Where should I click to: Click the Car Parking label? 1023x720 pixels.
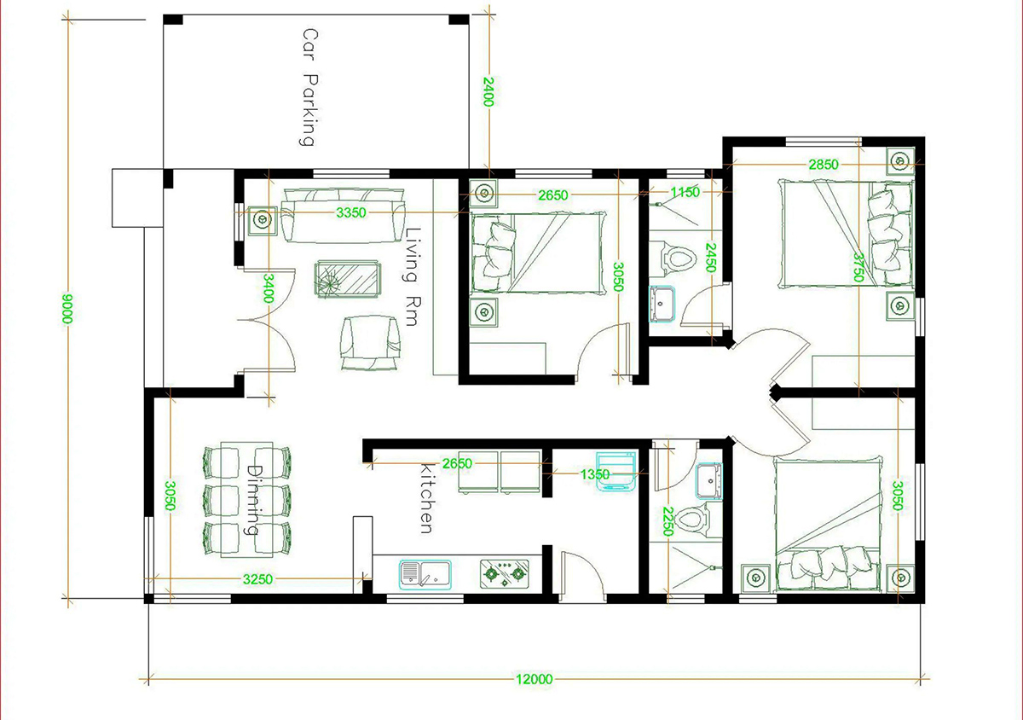310,87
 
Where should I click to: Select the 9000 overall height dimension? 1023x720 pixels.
67,309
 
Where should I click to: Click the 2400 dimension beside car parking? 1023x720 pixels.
488,92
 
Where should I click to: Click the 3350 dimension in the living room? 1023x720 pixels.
351,212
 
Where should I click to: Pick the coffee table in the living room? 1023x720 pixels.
348,279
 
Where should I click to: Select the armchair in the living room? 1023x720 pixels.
369,342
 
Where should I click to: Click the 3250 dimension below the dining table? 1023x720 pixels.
257,579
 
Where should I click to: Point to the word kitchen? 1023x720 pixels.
427,498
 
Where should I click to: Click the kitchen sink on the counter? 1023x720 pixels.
425,574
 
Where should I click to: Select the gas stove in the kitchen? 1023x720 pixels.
505,574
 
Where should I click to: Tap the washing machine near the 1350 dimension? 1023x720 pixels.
616,471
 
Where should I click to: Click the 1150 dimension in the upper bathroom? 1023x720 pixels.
685,192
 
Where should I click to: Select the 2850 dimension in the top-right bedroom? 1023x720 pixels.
824,164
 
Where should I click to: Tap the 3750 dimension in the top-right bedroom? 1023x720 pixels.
858,267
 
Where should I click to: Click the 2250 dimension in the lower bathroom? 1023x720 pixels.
668,521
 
